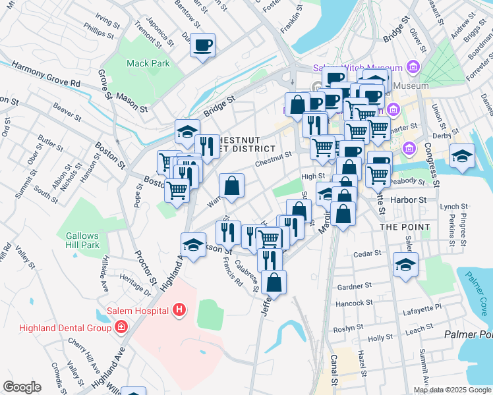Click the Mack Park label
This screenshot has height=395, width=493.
tap(148, 64)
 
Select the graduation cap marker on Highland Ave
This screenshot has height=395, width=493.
tap(193, 245)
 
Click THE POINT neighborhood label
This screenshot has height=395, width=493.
tap(405, 226)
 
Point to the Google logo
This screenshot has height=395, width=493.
tap(21, 387)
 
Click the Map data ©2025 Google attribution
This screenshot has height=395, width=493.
tap(453, 390)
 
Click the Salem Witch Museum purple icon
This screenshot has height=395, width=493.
tap(413, 66)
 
